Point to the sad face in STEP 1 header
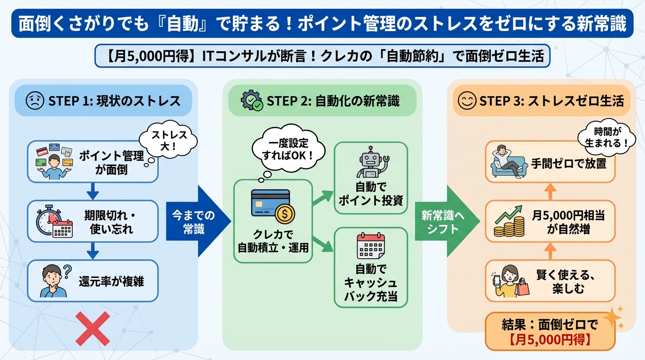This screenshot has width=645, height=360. pos(35,101)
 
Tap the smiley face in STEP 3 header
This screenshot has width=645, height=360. pos(467,101)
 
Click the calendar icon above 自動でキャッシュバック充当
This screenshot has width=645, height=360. pos(370,246)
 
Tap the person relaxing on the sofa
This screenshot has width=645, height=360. pos(508,162)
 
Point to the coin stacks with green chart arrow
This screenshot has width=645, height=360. pos(509,222)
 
